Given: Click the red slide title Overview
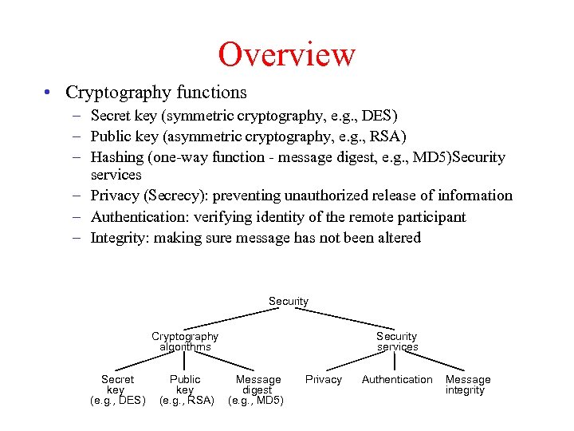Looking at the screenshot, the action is click(286, 54).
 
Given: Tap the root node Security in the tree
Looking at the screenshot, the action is click(289, 302).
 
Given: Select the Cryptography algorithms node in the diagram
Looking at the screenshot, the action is click(185, 342).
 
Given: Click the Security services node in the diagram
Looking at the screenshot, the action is click(397, 342).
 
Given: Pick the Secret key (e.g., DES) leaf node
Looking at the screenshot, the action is click(117, 389).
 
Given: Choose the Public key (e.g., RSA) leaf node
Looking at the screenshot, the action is click(186, 389).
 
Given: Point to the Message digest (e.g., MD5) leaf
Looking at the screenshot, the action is click(257, 389).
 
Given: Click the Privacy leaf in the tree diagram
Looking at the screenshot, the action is click(324, 380).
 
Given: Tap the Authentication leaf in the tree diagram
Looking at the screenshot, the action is click(397, 380).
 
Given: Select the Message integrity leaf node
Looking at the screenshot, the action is click(467, 385).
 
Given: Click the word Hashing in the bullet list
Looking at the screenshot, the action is click(119, 157).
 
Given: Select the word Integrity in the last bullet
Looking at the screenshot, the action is click(120, 238).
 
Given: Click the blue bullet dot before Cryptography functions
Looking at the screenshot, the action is click(49, 93).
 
